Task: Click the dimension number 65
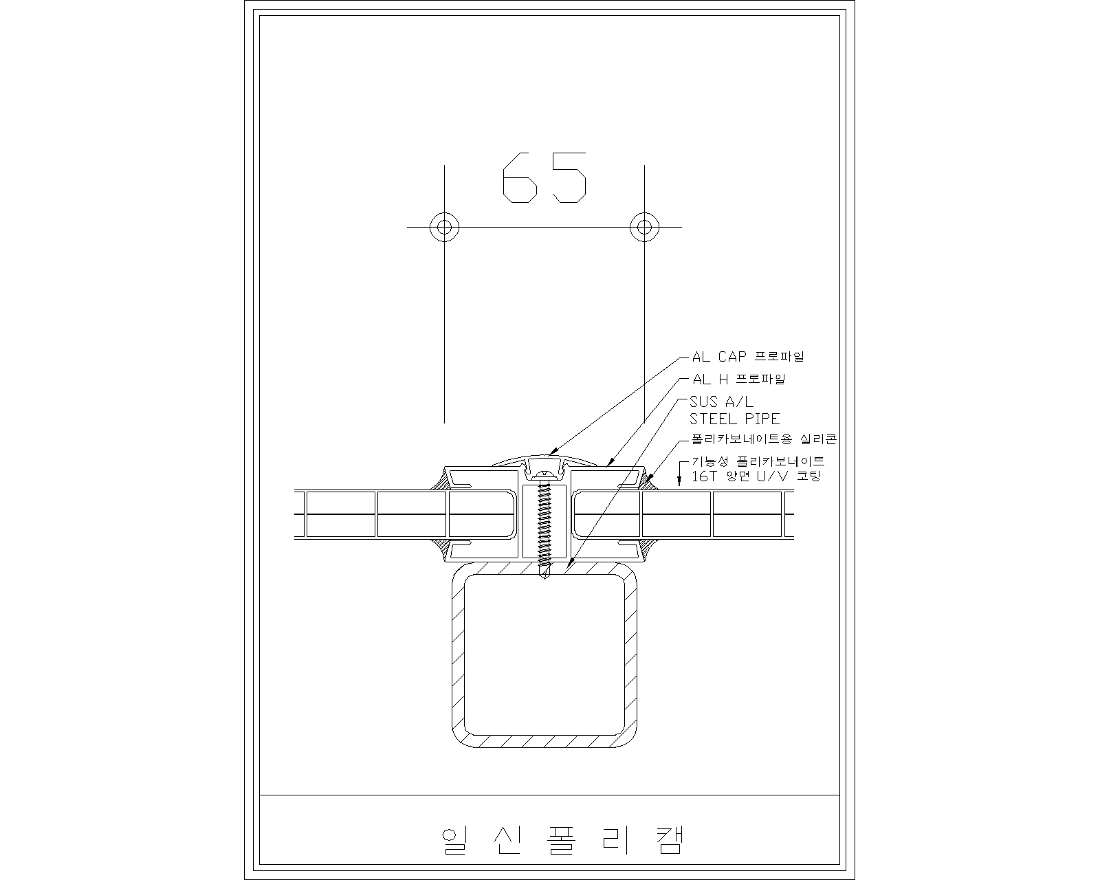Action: [544, 177]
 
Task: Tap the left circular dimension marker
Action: [444, 227]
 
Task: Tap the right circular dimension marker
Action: [644, 227]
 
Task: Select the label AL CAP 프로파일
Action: [748, 356]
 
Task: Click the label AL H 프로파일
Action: [738, 379]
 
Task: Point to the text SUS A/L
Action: [721, 401]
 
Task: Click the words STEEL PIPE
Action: [734, 419]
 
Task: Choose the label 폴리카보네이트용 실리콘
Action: [764, 439]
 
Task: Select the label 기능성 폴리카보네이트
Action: [758, 461]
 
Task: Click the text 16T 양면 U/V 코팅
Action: [756, 476]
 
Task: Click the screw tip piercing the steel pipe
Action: [545, 573]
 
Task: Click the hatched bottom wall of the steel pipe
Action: [544, 741]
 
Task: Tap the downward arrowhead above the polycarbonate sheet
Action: [679, 481]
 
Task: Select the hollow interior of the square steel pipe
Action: [544, 655]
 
